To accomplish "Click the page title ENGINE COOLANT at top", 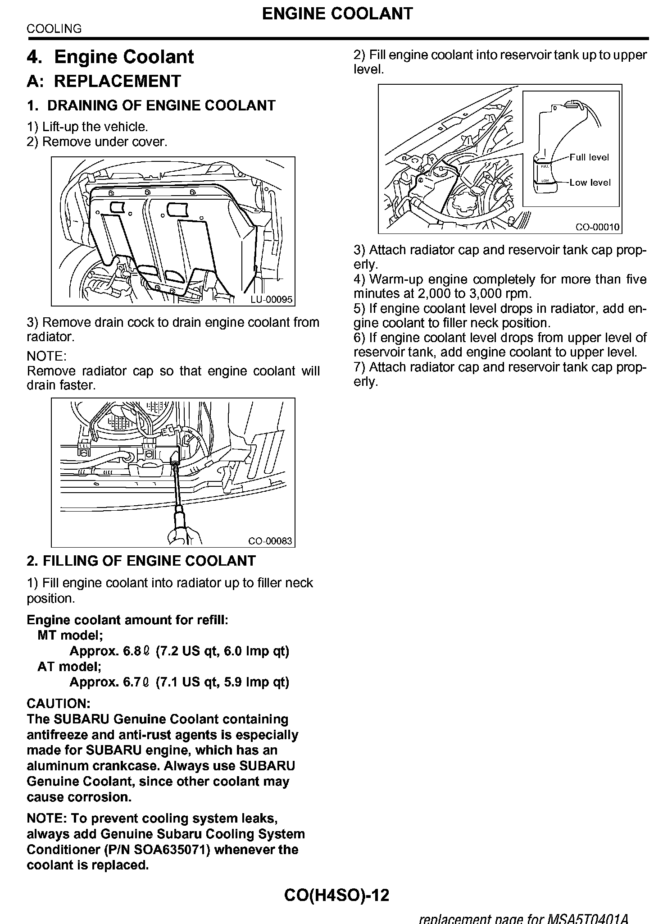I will click(x=337, y=14).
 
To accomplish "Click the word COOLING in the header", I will click(x=54, y=29).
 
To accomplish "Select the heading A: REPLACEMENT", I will click(x=104, y=81).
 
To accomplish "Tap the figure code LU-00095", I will click(x=272, y=299).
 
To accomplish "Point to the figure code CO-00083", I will click(x=270, y=541).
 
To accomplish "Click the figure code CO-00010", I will click(x=597, y=227).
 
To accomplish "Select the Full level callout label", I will click(x=589, y=157).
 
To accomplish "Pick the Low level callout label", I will click(x=590, y=183).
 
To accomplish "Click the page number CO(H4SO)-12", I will click(x=336, y=895).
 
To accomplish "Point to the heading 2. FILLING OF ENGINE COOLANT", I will click(x=141, y=561).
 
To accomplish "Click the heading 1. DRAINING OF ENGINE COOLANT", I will click(x=151, y=105).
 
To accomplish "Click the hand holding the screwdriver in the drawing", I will click(x=184, y=535).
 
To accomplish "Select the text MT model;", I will click(x=70, y=636).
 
